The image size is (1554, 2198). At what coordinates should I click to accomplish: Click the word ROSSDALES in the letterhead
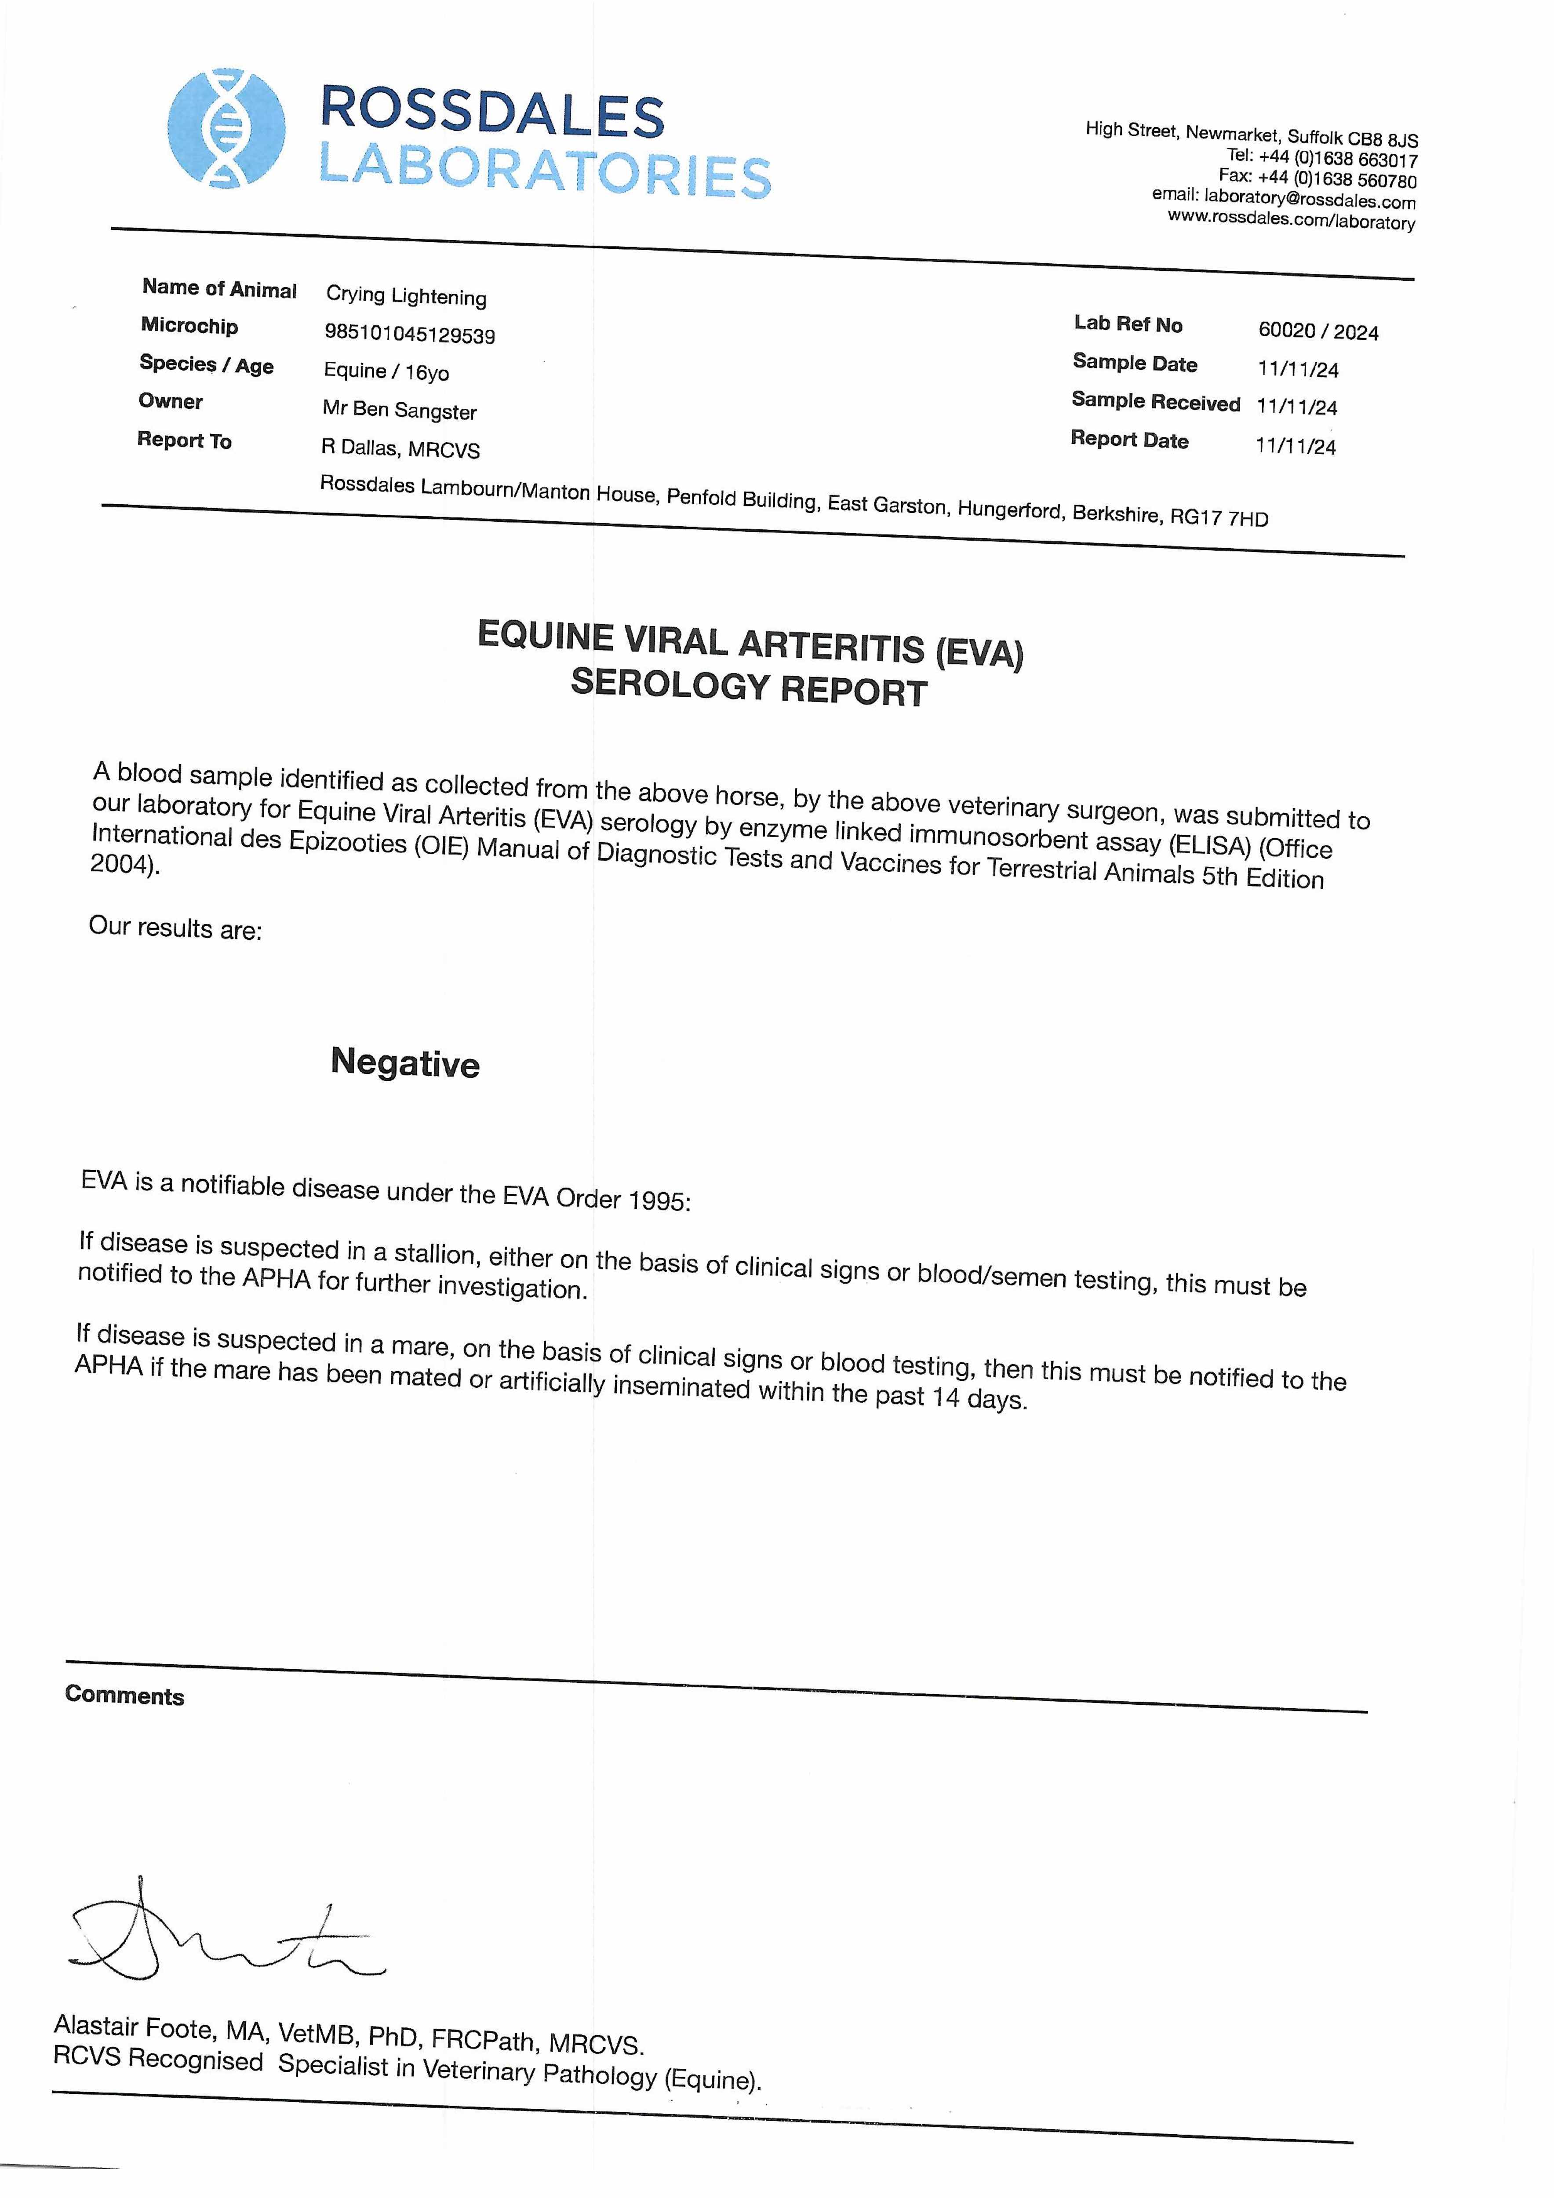[x=492, y=112]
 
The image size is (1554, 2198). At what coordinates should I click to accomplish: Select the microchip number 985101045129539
[x=410, y=334]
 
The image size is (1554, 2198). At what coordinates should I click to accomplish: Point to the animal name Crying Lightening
[x=406, y=296]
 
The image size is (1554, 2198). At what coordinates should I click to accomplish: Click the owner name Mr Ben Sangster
[x=399, y=410]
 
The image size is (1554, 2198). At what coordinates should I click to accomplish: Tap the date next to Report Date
[x=1296, y=446]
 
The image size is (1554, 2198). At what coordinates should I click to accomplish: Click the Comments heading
[x=124, y=1696]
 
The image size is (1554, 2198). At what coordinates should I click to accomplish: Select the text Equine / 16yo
[x=386, y=371]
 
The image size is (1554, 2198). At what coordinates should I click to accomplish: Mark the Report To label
[x=184, y=440]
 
